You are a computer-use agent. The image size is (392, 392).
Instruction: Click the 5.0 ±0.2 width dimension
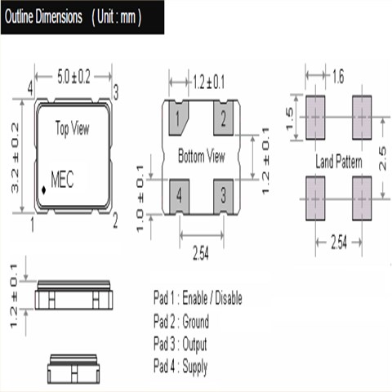tap(73, 77)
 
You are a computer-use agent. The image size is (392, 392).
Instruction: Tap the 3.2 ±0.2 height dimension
tap(15, 158)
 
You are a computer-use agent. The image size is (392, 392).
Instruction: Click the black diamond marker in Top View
tap(43, 190)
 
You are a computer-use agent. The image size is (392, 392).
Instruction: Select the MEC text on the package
tap(62, 180)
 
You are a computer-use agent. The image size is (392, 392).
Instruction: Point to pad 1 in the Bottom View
tap(177, 118)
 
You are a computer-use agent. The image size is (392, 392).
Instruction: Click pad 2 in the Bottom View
tap(223, 118)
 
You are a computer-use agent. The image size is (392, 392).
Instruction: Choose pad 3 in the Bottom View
tap(223, 197)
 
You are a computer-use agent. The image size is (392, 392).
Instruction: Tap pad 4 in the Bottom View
tap(179, 197)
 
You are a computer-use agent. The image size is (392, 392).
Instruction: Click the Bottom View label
tap(202, 156)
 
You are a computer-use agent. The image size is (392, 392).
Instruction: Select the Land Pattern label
tap(339, 162)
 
